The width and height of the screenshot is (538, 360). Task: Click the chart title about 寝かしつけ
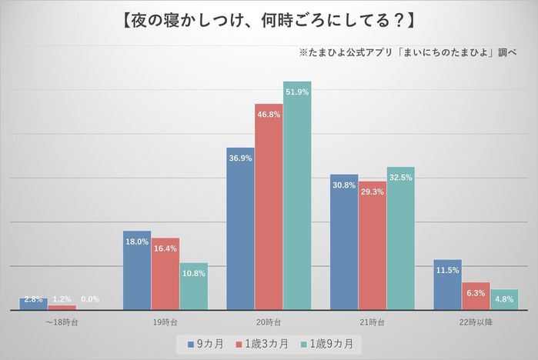coord(269,18)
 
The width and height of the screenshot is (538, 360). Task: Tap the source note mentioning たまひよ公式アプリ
coord(408,54)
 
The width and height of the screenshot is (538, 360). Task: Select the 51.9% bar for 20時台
coord(297,195)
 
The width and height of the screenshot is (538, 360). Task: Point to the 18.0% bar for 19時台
coord(137,270)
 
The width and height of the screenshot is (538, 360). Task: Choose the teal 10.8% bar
coord(194,286)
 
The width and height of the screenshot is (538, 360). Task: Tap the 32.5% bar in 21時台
coord(400,238)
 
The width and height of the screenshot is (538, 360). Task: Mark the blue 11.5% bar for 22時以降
coord(447,285)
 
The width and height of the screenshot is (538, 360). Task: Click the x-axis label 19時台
coord(165,322)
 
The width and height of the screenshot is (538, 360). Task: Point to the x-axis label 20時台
coord(269,322)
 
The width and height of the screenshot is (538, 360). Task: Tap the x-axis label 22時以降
coord(476,322)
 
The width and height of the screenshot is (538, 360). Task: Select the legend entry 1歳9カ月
coord(331,344)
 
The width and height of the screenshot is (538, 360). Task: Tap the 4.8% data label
coord(504,299)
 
